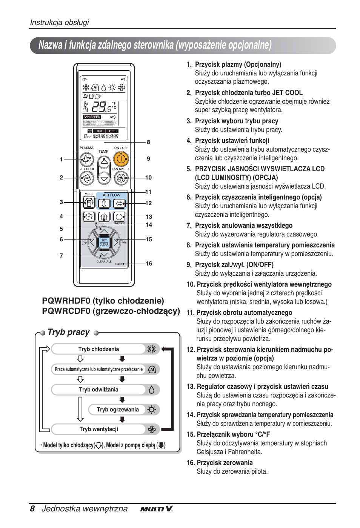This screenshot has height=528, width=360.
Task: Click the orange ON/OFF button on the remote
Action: point(121,159)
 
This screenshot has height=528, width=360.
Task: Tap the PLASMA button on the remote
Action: point(87,159)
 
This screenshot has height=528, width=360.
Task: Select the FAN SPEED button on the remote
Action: point(121,178)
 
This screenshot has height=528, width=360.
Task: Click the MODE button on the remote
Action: point(89,203)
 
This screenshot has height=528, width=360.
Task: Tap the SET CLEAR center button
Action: point(104,242)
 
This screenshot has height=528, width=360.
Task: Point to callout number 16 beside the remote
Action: point(149,264)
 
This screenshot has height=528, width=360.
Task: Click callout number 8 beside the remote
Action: point(148,142)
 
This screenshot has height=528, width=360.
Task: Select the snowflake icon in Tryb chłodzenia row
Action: point(152,349)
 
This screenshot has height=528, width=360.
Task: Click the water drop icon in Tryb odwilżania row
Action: point(152,390)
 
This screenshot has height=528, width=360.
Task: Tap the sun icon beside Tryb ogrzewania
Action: point(152,410)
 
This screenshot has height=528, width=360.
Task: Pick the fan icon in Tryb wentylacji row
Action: point(152,429)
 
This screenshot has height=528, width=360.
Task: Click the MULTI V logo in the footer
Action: point(157,509)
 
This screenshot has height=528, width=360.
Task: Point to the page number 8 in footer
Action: point(32,508)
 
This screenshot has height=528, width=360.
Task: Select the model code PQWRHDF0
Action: point(66,301)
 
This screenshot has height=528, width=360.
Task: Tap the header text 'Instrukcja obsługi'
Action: point(59,22)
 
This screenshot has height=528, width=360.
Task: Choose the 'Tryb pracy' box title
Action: point(68,332)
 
